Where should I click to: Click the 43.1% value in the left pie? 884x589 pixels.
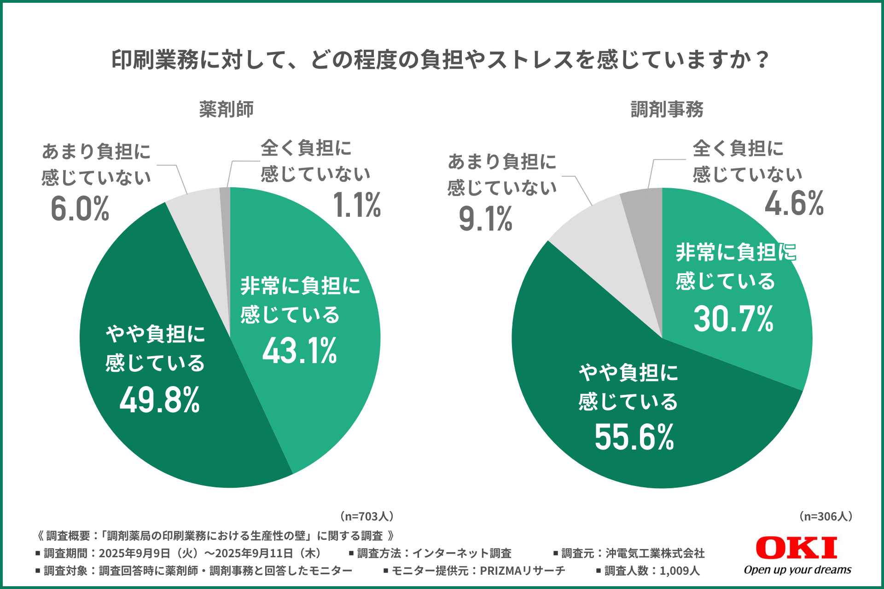(300, 351)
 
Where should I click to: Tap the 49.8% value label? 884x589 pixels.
(159, 399)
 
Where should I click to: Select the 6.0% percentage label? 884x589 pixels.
(80, 208)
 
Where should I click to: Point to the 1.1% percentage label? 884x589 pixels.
(357, 204)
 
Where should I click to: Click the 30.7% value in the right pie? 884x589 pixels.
(733, 318)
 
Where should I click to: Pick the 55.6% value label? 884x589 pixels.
(634, 437)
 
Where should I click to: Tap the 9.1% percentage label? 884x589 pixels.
(485, 219)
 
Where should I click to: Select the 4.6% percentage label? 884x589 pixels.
(794, 203)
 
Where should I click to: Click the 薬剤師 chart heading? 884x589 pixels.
(226, 110)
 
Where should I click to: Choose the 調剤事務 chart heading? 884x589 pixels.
(667, 110)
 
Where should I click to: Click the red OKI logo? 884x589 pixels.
(796, 548)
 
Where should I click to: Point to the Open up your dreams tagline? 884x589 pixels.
(797, 570)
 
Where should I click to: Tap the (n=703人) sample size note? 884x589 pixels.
(366, 516)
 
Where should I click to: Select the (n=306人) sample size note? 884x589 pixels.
(826, 516)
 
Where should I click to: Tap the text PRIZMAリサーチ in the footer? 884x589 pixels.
(522, 571)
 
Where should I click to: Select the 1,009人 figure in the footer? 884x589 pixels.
(679, 571)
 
